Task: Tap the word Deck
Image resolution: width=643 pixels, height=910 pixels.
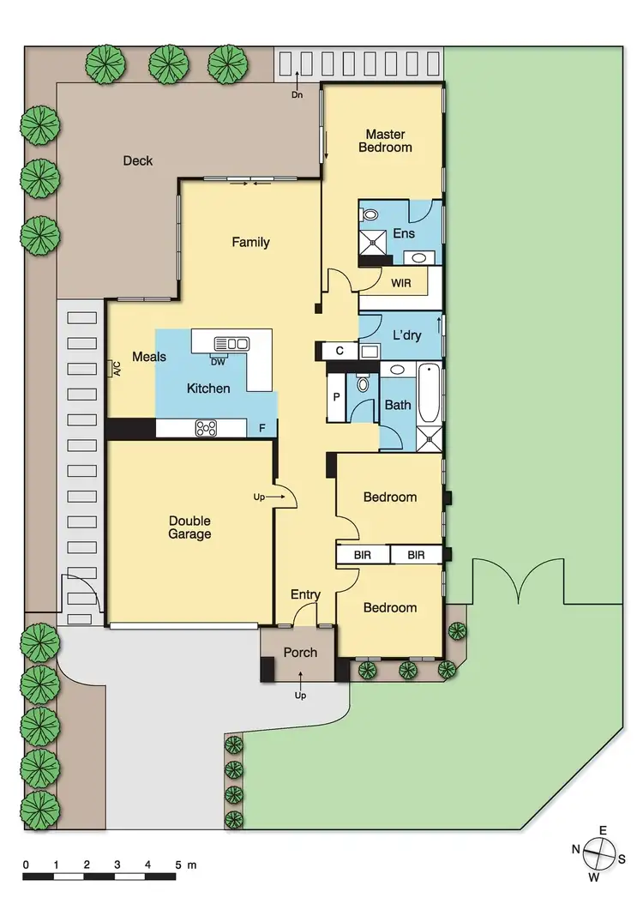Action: (x=137, y=160)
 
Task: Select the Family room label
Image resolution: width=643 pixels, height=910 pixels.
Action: (x=250, y=242)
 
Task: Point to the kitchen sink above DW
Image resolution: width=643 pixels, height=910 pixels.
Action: (x=231, y=343)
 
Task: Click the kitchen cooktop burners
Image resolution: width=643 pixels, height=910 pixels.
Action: (x=206, y=425)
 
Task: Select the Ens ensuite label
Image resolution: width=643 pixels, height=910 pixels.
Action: (x=403, y=233)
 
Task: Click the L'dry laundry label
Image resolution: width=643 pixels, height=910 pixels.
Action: (x=406, y=335)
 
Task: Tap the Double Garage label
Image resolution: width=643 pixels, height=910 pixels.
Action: (x=189, y=527)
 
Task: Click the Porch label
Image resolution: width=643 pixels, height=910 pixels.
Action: (x=300, y=653)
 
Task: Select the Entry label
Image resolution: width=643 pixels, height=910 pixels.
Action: (x=305, y=594)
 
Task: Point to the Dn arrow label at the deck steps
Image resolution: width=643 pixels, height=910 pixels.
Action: (x=297, y=95)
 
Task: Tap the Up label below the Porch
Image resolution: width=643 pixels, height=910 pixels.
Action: (x=300, y=696)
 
